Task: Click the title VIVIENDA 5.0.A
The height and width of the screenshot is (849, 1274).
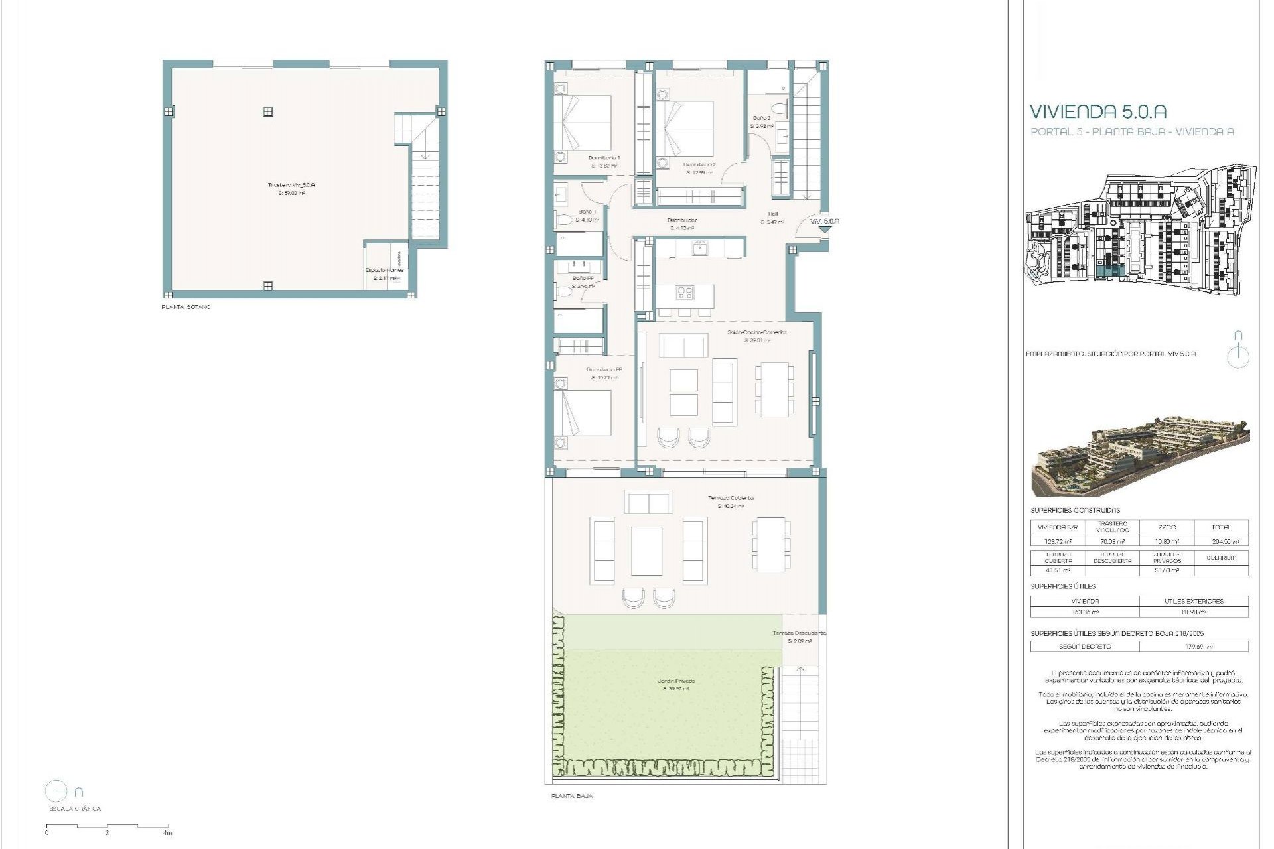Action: (1097, 111)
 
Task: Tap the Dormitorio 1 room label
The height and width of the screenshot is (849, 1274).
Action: (604, 158)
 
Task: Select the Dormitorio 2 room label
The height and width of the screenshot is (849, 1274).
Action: (699, 164)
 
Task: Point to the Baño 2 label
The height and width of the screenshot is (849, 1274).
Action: (761, 118)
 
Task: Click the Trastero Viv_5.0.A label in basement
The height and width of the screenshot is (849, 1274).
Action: (291, 185)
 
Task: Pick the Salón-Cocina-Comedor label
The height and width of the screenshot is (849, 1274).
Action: (756, 332)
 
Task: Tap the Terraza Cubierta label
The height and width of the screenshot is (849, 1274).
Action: (731, 497)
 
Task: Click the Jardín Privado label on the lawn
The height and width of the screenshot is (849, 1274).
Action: (677, 681)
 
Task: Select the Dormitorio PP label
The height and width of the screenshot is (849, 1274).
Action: (604, 370)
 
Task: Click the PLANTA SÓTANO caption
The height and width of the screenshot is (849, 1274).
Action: (186, 308)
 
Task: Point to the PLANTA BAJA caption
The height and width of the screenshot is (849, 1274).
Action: (572, 796)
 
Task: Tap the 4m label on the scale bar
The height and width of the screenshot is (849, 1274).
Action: (168, 833)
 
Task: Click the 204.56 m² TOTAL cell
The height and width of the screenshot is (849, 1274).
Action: (1221, 541)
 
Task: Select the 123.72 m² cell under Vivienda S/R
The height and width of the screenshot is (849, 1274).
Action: (1058, 541)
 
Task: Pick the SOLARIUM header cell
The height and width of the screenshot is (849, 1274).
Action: (1221, 558)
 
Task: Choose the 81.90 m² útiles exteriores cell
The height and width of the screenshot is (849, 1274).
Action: (1194, 612)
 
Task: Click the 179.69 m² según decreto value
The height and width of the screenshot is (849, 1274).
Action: (1194, 646)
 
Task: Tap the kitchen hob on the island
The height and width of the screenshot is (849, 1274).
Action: (685, 292)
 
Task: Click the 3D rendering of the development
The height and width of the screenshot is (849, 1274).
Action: (1140, 458)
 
